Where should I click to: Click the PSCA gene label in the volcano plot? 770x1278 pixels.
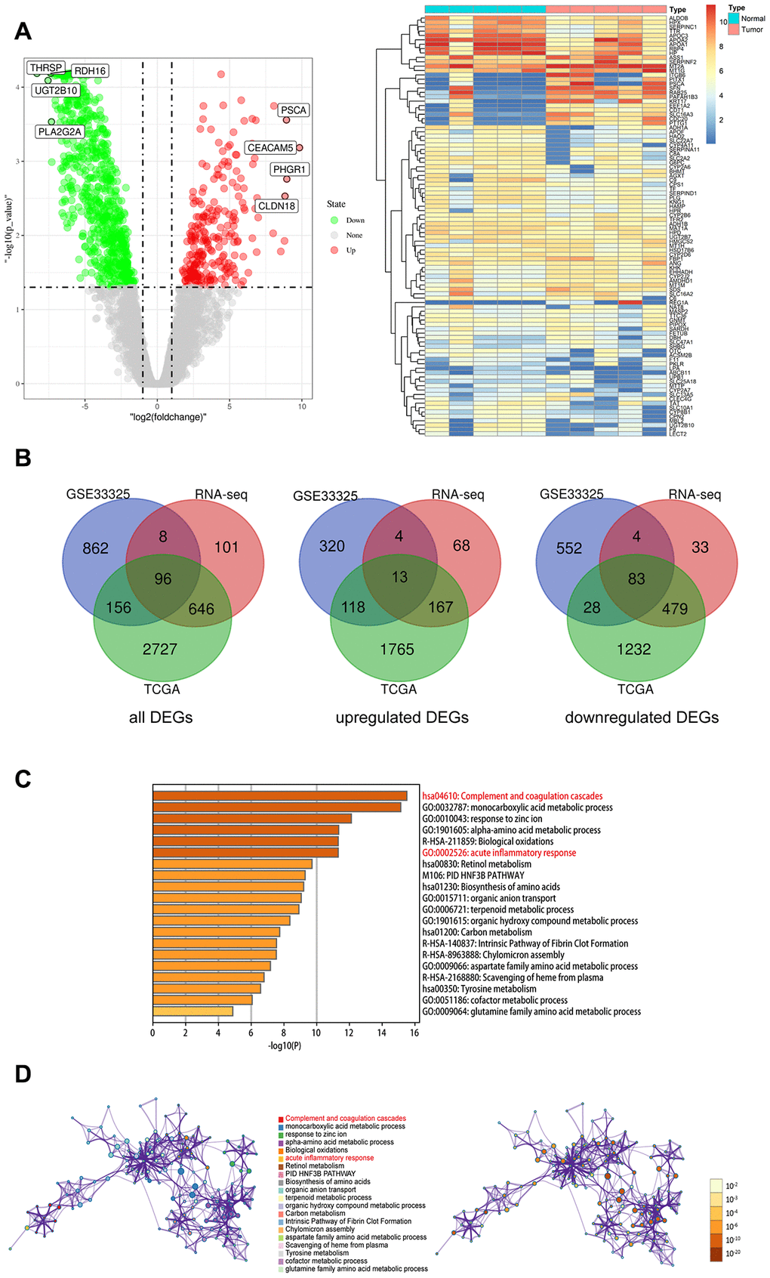click(x=293, y=110)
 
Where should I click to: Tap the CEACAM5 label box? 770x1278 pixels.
click(x=270, y=148)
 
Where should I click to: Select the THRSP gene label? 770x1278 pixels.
click(x=46, y=68)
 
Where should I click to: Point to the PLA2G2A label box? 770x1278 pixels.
click(x=60, y=132)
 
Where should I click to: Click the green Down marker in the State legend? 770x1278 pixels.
click(x=334, y=221)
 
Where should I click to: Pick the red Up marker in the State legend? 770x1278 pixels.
click(x=334, y=250)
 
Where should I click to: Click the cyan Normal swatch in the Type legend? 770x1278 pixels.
click(x=734, y=18)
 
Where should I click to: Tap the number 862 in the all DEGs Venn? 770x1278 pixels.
click(x=96, y=548)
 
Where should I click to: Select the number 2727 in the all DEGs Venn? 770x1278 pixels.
click(x=160, y=649)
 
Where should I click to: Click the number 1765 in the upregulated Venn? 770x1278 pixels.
click(x=397, y=649)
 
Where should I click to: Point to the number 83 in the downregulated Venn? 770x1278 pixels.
click(x=636, y=579)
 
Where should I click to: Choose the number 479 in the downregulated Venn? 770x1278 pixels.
click(x=675, y=609)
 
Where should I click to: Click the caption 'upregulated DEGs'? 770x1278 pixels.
click(x=402, y=718)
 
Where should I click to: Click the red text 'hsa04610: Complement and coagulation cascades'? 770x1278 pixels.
click(x=512, y=796)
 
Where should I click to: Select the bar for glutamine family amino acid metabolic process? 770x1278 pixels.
click(x=192, y=1011)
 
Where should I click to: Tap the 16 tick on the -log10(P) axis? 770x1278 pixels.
click(x=414, y=1033)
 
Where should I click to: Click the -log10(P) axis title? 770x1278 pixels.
click(x=284, y=1045)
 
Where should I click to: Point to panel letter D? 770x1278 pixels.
click(x=23, y=1073)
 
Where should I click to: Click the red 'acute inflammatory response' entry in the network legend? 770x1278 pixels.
click(x=329, y=1158)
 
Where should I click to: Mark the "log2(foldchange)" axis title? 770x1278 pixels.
click(x=168, y=417)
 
